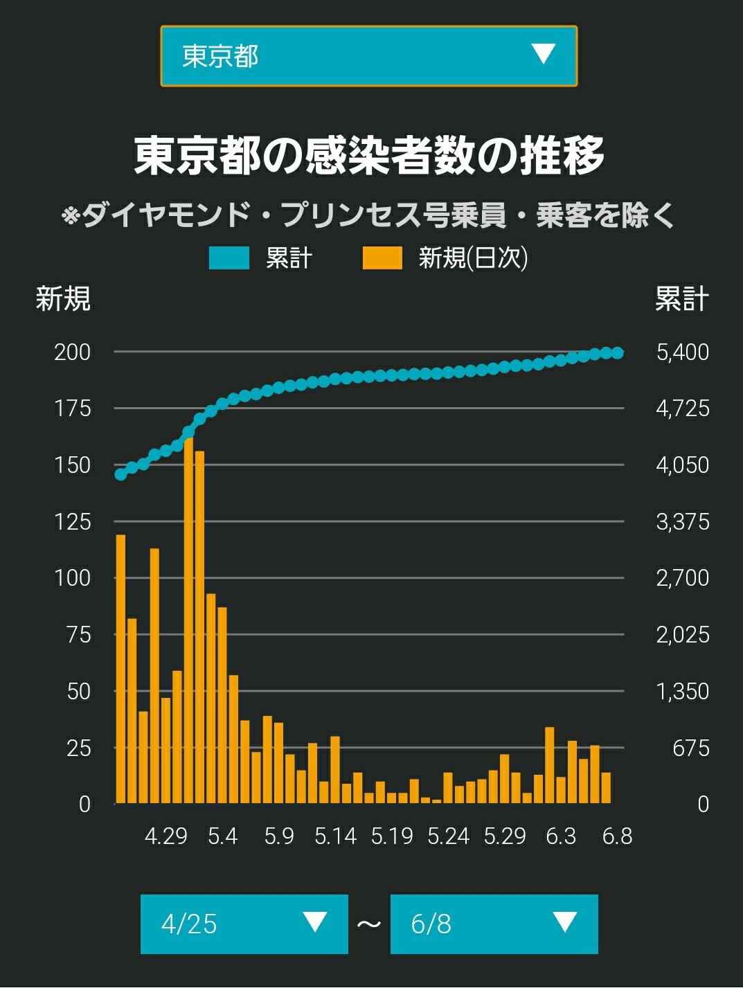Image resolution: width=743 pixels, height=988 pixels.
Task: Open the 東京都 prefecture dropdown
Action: click(368, 56)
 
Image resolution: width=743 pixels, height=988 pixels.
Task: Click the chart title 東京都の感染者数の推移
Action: click(368, 156)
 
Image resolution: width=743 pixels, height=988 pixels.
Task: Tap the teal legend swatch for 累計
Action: click(229, 258)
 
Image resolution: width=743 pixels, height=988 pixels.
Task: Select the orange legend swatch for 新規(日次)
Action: click(382, 258)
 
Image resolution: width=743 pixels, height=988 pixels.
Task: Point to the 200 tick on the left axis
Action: click(73, 352)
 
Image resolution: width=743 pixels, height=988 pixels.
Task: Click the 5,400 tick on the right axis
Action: click(683, 352)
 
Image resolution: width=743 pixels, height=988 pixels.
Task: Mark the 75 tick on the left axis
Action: click(79, 635)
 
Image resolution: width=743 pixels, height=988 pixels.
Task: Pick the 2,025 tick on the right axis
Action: click(683, 635)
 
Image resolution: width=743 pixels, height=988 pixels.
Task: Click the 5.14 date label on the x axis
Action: click(335, 836)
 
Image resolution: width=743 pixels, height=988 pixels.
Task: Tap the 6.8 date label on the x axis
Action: click(618, 836)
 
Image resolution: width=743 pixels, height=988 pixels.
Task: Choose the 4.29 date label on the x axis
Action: click(165, 836)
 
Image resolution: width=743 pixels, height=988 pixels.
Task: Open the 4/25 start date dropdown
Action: click(244, 924)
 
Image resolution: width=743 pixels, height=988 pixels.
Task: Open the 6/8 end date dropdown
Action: click(494, 924)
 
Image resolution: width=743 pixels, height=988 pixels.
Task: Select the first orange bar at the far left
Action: click(120, 669)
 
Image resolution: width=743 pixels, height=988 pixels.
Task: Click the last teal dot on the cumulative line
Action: click(618, 353)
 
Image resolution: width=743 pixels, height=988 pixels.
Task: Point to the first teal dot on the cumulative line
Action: click(120, 474)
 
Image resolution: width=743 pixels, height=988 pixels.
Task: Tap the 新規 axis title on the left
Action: click(63, 298)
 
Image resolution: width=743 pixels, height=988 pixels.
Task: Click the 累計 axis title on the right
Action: click(682, 298)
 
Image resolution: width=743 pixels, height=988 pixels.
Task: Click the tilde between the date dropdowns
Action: click(369, 924)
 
